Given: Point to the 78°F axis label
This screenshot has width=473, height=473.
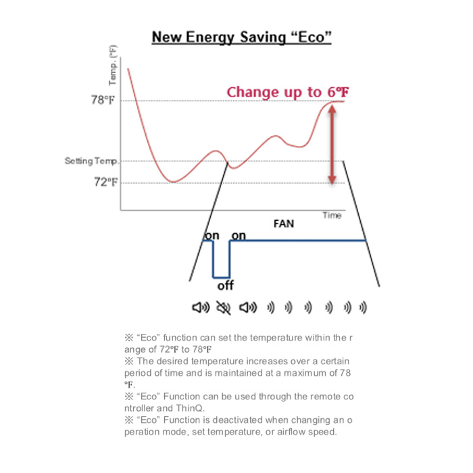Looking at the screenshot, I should coord(103,100).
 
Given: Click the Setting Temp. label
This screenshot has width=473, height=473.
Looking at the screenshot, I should coord(92,161).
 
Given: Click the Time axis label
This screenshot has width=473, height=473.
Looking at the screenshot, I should coord(331,216).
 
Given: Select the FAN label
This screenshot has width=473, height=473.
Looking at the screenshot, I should coord(283,222).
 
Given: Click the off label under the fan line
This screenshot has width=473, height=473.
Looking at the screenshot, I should coord(225,286).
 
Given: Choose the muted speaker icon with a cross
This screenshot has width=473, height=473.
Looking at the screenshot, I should coord(223,308).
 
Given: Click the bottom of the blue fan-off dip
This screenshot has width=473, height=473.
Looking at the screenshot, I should coord(221,276).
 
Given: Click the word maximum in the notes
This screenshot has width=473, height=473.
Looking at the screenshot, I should coord(318,372).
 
